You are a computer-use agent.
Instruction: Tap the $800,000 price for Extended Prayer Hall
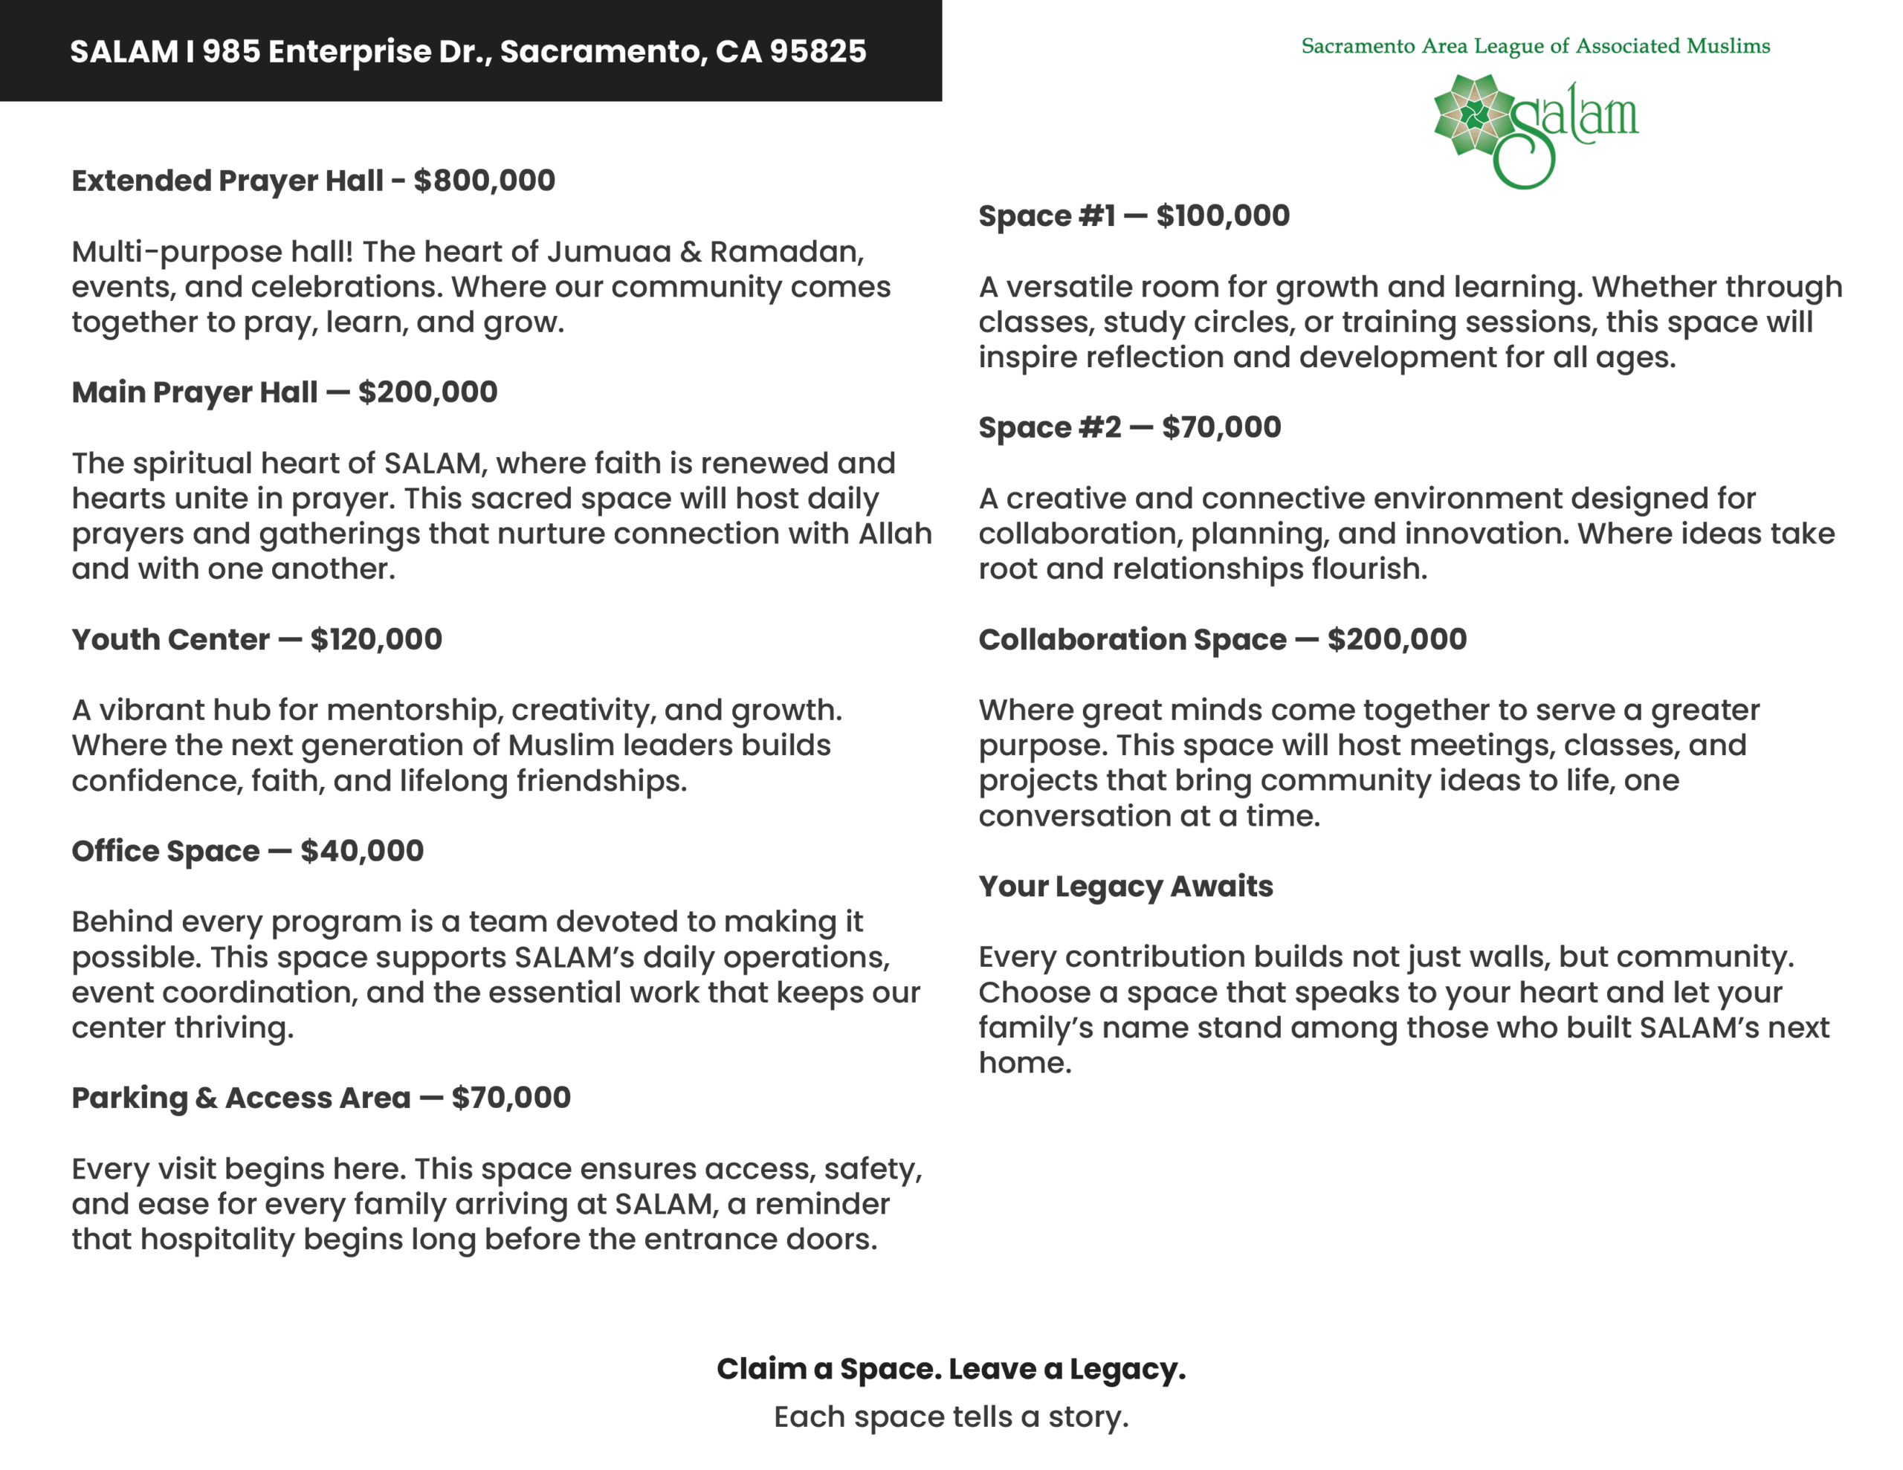484,181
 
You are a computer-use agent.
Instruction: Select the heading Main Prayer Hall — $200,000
284,392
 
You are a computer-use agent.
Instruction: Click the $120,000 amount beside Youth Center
375,640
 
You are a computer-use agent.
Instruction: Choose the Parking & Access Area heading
241,1098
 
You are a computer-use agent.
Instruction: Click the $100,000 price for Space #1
1223,216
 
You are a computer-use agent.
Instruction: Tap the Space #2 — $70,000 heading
1129,428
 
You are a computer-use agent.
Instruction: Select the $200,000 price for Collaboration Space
1397,640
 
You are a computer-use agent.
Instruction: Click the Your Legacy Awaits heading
1125,886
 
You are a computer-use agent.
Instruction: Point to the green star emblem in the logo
1474,115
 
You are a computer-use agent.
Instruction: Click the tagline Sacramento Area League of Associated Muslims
1535,46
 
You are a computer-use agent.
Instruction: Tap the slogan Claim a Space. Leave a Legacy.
951,1369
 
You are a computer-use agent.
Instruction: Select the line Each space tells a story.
951,1416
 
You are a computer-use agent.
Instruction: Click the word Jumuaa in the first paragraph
608,252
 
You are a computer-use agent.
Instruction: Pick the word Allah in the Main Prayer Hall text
895,534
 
